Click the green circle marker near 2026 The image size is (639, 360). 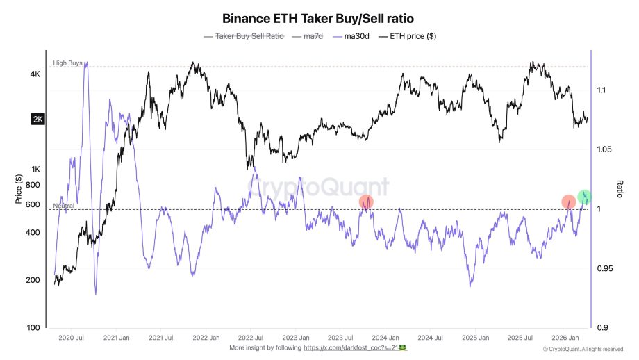click(x=585, y=197)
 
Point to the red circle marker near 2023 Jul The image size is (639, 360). click(x=366, y=202)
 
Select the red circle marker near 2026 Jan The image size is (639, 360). click(x=569, y=202)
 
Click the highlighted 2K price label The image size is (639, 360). click(x=38, y=120)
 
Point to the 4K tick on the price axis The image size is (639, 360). click(x=35, y=74)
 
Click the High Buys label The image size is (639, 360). click(x=67, y=63)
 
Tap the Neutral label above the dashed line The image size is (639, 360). click(x=63, y=206)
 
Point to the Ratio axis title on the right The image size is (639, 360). click(x=620, y=188)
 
